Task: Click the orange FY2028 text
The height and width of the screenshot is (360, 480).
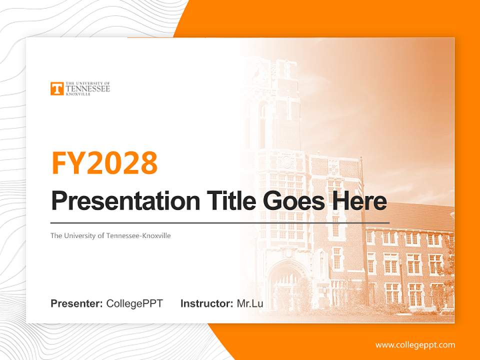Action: coord(104,163)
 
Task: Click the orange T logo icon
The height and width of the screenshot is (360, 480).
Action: coord(57,88)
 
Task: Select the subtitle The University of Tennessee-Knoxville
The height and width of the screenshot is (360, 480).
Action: coord(110,235)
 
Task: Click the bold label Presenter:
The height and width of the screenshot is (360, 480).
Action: coord(77,303)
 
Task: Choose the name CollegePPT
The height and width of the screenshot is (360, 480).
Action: coord(134,303)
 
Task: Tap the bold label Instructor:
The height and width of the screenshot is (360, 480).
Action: coord(206,303)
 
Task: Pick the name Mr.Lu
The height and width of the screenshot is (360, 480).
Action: coord(250,303)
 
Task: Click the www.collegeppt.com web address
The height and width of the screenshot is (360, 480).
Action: coord(415,345)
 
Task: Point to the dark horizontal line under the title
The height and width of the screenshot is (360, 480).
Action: coord(220,222)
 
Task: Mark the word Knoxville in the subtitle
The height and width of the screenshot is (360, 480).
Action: coord(156,235)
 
